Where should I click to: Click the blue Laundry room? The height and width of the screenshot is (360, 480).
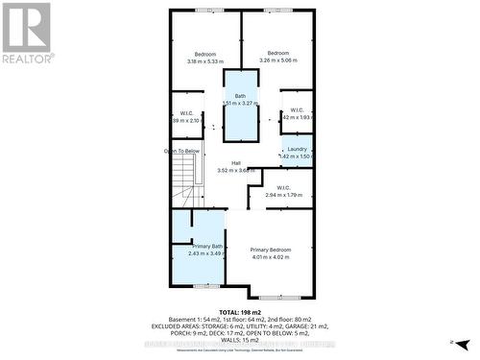click(x=297, y=152)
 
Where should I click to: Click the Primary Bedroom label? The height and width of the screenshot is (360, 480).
click(x=270, y=250)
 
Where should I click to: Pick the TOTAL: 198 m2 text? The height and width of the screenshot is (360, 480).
click(x=240, y=313)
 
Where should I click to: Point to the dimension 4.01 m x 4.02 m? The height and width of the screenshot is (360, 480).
click(x=270, y=256)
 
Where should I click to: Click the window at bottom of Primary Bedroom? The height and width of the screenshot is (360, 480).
click(x=273, y=297)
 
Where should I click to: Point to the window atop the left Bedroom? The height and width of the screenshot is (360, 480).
click(x=205, y=11)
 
